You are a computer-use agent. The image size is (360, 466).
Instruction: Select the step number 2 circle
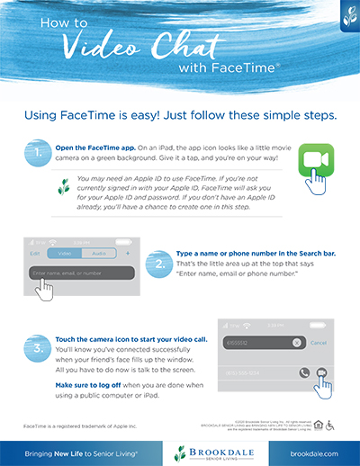(x=157, y=264)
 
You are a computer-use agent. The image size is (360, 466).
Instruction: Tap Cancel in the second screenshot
(x=319, y=343)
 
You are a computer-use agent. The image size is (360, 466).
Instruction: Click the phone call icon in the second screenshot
(x=302, y=372)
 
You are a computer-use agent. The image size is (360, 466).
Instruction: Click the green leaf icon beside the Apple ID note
(x=64, y=186)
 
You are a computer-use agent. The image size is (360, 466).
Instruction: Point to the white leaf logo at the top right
(x=346, y=16)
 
